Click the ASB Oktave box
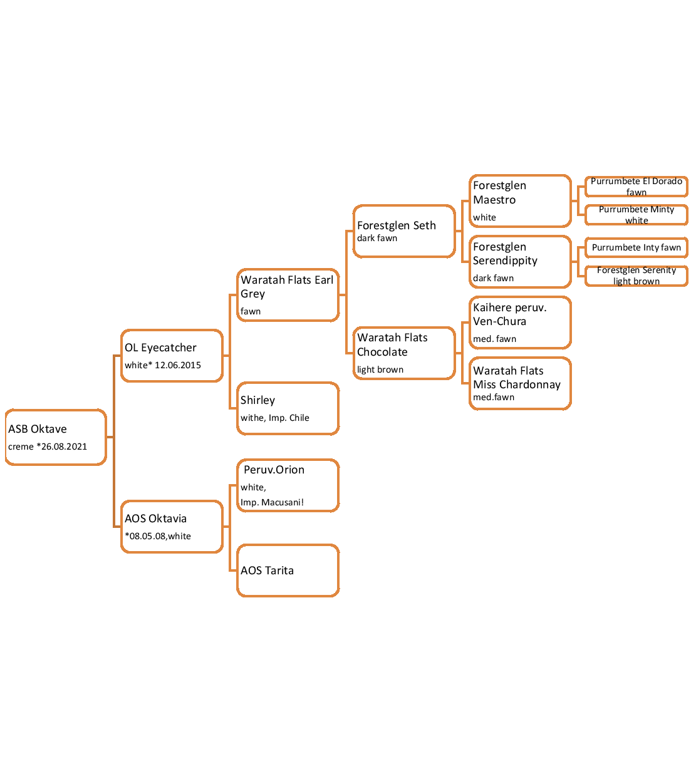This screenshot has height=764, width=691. [56, 437]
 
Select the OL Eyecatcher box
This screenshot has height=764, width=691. [172, 356]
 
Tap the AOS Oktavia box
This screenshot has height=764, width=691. [172, 527]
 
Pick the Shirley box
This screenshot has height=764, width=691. [288, 408]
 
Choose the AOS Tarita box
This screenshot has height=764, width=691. [288, 570]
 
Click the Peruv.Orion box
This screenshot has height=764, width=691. [288, 485]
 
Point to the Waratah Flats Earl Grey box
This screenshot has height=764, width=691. [288, 295]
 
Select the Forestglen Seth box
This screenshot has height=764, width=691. [404, 231]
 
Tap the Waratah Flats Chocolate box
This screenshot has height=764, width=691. [404, 353]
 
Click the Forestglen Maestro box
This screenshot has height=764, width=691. [520, 201]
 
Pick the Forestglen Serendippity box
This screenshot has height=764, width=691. [520, 262]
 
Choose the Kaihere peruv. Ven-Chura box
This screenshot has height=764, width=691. [520, 323]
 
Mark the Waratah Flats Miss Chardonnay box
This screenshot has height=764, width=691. [520, 383]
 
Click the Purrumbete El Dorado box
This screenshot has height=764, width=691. [636, 187]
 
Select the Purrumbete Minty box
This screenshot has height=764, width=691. [636, 215]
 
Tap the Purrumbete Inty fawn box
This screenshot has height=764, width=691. [636, 247]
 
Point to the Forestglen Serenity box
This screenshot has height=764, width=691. [636, 276]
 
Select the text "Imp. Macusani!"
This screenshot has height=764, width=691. [272, 502]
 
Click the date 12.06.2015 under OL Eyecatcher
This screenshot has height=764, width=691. [178, 365]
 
